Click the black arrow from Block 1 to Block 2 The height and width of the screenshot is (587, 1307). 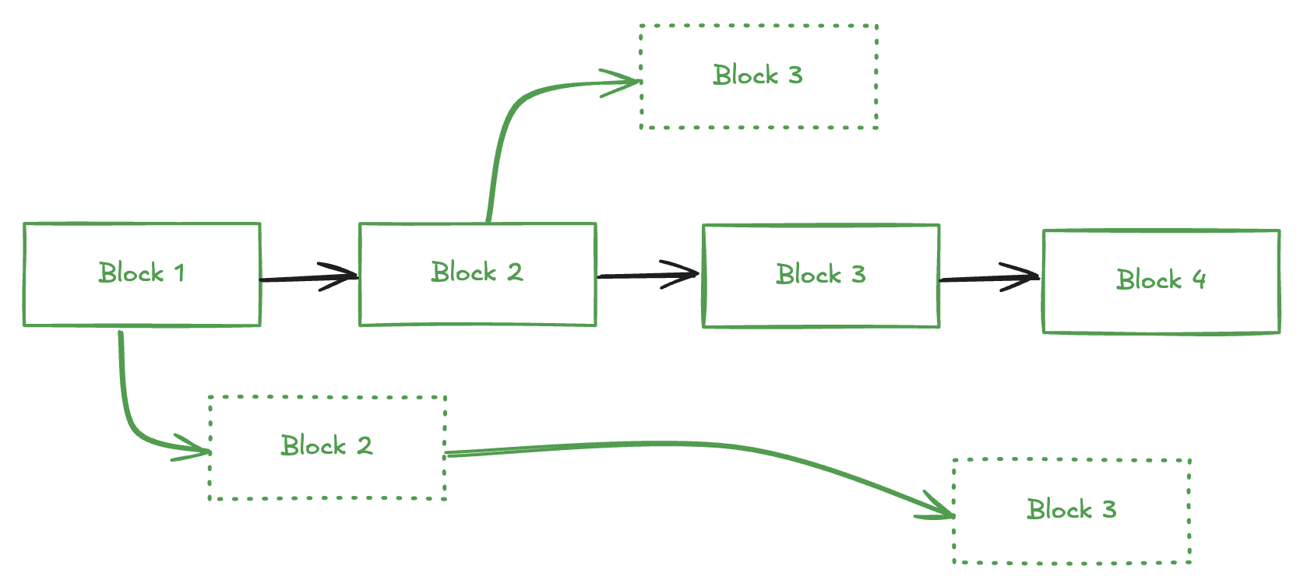tap(308, 278)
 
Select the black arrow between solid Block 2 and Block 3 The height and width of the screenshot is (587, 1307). tap(646, 275)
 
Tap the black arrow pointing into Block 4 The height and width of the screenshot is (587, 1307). tap(989, 278)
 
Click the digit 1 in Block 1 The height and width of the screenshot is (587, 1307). tap(180, 273)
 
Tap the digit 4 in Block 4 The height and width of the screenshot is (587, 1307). tap(1199, 279)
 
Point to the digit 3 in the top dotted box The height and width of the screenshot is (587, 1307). tap(794, 76)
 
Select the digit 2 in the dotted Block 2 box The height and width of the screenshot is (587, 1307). tap(365, 446)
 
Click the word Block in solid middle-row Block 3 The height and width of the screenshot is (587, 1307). tap(809, 275)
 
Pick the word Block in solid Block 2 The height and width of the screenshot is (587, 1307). tap(463, 272)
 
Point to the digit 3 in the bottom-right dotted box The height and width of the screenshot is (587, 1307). tap(1109, 510)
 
